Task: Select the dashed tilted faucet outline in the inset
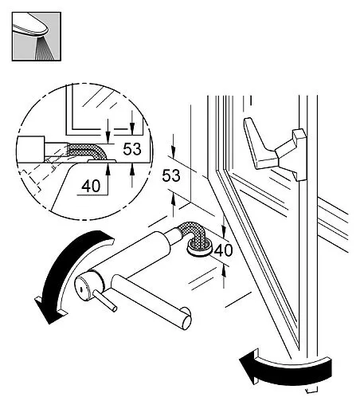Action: point(40,175)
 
